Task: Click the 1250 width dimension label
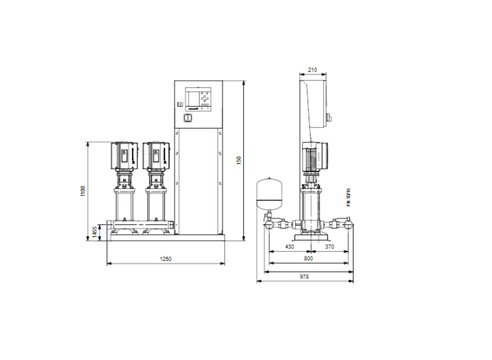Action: point(166,259)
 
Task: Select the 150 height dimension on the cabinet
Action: point(238,160)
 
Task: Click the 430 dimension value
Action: point(290,247)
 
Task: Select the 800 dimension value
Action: point(310,259)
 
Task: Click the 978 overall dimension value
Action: point(304,276)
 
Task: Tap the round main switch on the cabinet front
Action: point(187,121)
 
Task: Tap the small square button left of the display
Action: point(180,105)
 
